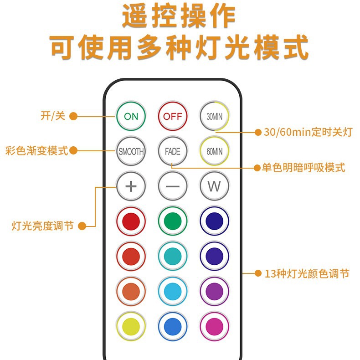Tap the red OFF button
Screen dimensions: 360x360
coord(172,116)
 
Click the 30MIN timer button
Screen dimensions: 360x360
coord(214,116)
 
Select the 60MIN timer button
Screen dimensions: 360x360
coord(214,151)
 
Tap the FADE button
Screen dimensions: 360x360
coord(172,151)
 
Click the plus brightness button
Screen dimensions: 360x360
coord(131,186)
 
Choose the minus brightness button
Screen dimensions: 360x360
coord(172,186)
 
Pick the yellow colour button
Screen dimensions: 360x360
coord(131,326)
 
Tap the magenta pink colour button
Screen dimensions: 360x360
coord(214,326)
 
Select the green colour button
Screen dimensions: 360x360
coord(172,221)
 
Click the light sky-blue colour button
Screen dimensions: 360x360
coord(172,291)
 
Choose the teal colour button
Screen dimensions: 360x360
coord(172,256)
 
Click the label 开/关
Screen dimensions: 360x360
coord(53,116)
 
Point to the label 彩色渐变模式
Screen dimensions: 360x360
coord(37,150)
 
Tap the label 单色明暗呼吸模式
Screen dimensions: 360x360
coord(303,168)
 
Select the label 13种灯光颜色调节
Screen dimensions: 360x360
coord(307,273)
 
